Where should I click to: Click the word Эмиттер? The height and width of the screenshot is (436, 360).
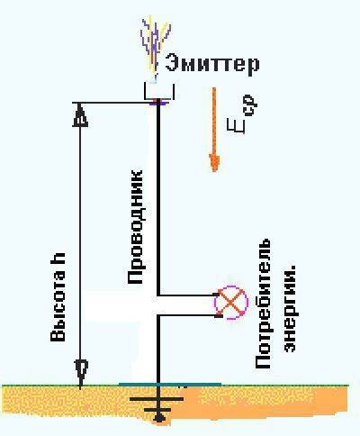tap(212, 64)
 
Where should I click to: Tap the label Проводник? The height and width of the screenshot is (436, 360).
tap(135, 227)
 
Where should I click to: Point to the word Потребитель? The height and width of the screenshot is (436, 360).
tap(263, 304)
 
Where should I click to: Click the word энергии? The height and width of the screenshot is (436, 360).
tap(289, 308)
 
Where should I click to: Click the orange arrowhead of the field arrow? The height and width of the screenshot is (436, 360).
tap(214, 163)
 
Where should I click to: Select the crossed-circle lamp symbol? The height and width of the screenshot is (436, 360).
tap(231, 303)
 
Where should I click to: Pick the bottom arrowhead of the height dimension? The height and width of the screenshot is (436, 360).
tap(80, 373)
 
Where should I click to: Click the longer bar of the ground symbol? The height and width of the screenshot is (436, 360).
tap(157, 399)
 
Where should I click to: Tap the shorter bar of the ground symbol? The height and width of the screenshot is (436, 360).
tap(157, 410)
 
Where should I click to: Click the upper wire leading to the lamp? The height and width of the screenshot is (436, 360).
tap(187, 295)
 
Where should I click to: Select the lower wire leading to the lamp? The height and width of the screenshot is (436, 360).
tap(187, 315)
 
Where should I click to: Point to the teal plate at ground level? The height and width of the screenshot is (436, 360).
tap(170, 384)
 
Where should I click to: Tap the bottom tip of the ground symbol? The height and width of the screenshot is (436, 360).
tap(159, 420)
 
